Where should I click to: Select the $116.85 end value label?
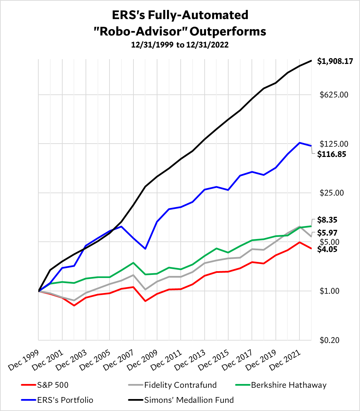point(332,154)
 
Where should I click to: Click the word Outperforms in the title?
point(228,31)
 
